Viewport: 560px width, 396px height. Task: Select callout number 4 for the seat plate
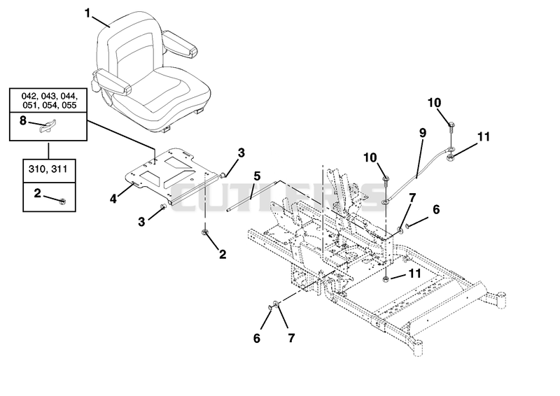(113, 198)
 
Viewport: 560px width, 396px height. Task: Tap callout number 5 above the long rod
(257, 176)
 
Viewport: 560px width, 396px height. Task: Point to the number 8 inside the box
(23, 121)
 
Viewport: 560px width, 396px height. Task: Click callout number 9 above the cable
(423, 133)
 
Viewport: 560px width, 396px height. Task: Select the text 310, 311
(48, 169)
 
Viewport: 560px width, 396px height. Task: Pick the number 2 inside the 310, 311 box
(38, 193)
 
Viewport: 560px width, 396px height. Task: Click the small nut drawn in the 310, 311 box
(62, 201)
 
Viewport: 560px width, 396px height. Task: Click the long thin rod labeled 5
(253, 196)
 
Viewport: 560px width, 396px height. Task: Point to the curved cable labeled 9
(416, 176)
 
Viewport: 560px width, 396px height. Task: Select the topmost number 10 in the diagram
(434, 103)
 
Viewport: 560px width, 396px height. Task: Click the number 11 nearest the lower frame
(414, 274)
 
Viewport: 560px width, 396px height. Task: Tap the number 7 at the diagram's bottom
(291, 338)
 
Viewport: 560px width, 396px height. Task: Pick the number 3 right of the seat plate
(241, 153)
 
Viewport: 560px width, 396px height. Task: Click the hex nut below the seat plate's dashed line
(205, 233)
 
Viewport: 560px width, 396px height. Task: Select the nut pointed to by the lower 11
(387, 279)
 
